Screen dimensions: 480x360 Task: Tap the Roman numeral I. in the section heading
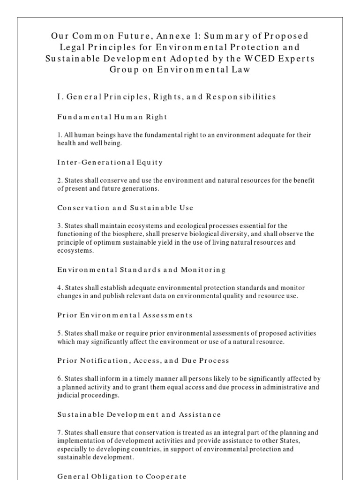(x=60, y=97)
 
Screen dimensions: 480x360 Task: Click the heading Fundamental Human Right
(x=112, y=116)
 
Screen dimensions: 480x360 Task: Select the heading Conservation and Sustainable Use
(x=125, y=208)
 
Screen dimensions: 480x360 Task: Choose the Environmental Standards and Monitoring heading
(x=141, y=270)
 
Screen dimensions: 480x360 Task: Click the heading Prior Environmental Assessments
(x=125, y=315)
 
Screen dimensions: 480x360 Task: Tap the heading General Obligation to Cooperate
(x=122, y=476)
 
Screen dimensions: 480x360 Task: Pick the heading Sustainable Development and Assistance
(x=139, y=414)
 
